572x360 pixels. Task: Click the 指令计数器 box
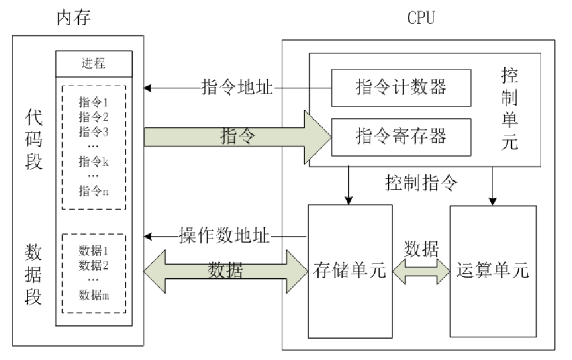point(401,87)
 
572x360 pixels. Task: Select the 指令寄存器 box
point(401,137)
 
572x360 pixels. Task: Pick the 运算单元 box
point(493,272)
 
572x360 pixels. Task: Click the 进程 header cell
point(94,63)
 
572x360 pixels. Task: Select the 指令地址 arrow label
point(237,88)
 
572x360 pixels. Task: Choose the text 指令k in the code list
point(94,162)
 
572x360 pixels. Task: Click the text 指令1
point(94,102)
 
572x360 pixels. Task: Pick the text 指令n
point(94,191)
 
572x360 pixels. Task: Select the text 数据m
point(94,294)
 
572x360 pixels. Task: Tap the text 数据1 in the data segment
point(94,250)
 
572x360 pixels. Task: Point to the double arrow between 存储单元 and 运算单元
point(421,271)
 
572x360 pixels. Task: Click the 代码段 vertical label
point(34,139)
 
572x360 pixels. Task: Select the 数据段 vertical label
point(34,273)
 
